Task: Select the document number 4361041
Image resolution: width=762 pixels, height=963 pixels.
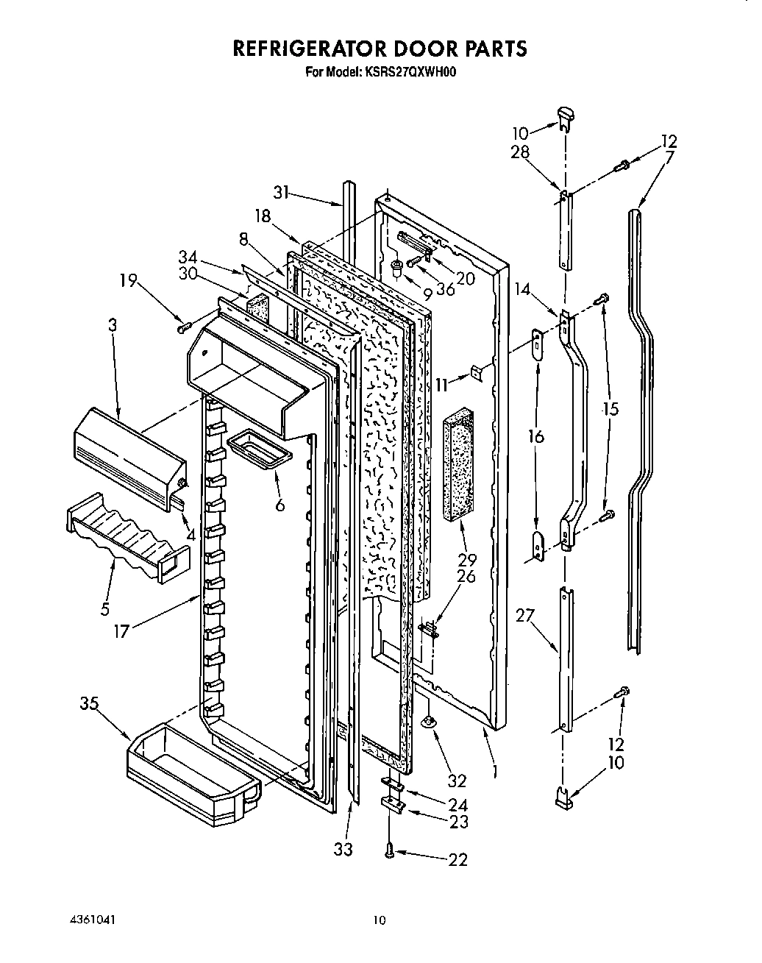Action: click(x=88, y=919)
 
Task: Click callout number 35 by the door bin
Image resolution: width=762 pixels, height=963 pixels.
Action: click(x=89, y=704)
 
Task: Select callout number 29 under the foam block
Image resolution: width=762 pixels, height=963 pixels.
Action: click(x=466, y=560)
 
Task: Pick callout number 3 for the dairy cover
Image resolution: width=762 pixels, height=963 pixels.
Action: click(x=113, y=325)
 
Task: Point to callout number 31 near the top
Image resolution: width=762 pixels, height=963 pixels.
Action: click(x=280, y=192)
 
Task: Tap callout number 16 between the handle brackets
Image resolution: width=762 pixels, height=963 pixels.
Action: click(x=536, y=436)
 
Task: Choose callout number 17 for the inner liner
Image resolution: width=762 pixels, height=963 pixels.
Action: click(x=121, y=630)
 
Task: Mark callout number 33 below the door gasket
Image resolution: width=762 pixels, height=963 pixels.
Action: click(x=343, y=849)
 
